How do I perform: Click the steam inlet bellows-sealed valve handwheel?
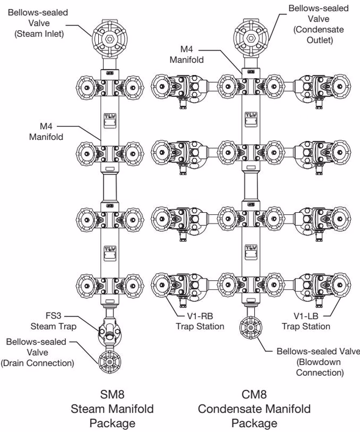110,39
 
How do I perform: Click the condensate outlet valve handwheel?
251,38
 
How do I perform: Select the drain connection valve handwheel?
110,362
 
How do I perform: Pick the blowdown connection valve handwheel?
250,328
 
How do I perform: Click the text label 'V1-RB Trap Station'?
200,321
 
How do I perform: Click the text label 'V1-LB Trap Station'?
305,321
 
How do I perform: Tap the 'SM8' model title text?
112,394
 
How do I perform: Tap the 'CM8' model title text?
254,394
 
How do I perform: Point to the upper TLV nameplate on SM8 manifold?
110,120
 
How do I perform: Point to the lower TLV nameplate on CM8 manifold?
251,252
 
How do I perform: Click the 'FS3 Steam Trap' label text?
53,321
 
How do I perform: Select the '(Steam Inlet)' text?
39,34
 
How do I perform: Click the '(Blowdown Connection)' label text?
320,367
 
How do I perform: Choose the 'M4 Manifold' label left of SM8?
46,131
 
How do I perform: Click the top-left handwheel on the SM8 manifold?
87,87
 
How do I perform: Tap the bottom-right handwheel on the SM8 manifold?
132,286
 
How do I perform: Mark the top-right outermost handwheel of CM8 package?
339,86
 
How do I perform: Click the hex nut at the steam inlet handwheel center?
110,39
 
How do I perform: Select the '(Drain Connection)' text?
37,363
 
